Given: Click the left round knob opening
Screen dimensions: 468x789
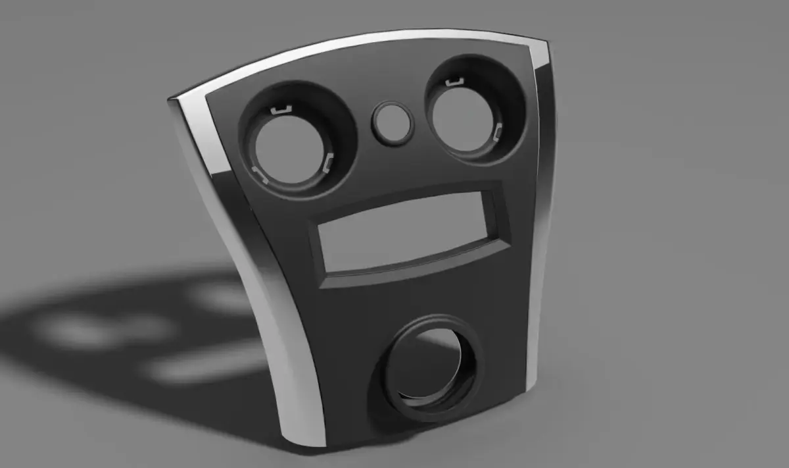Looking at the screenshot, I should pos(287,149).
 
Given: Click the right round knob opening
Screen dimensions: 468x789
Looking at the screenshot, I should pos(463,118).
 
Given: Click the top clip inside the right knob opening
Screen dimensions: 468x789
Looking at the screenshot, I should pos(452,83).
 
